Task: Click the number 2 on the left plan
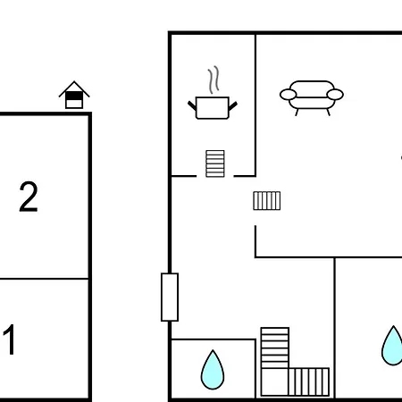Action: (x=29, y=197)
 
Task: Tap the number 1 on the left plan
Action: (x=10, y=339)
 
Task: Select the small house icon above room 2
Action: (x=74, y=95)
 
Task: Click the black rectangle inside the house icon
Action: (x=74, y=96)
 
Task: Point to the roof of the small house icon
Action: (x=74, y=88)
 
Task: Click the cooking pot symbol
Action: (x=213, y=108)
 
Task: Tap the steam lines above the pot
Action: (x=214, y=80)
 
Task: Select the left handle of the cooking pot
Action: (x=192, y=105)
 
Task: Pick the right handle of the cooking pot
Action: (x=233, y=105)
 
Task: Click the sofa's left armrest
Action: (x=289, y=95)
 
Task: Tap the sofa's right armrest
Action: (x=335, y=95)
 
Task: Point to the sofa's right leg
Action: (x=329, y=113)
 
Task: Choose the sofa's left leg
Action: (x=297, y=113)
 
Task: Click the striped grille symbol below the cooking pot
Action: (x=215, y=163)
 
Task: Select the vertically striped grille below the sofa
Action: (x=267, y=201)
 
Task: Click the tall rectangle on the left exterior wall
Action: (x=170, y=297)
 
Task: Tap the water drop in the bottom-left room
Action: (x=213, y=371)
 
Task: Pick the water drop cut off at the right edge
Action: (x=392, y=346)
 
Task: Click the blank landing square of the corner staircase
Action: (x=274, y=382)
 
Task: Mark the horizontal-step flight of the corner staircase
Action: (x=275, y=348)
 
